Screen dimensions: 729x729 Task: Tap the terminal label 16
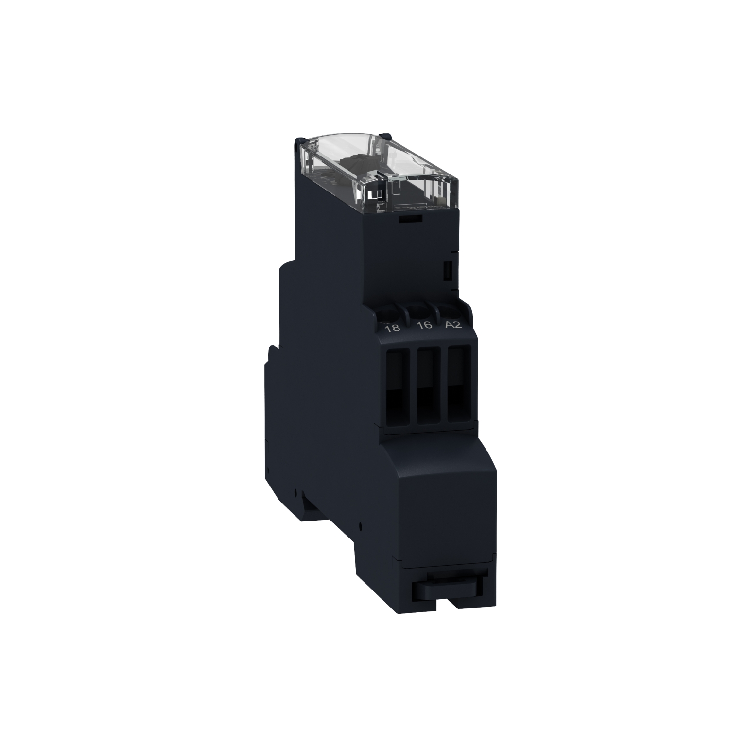(424, 325)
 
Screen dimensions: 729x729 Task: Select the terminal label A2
(453, 325)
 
